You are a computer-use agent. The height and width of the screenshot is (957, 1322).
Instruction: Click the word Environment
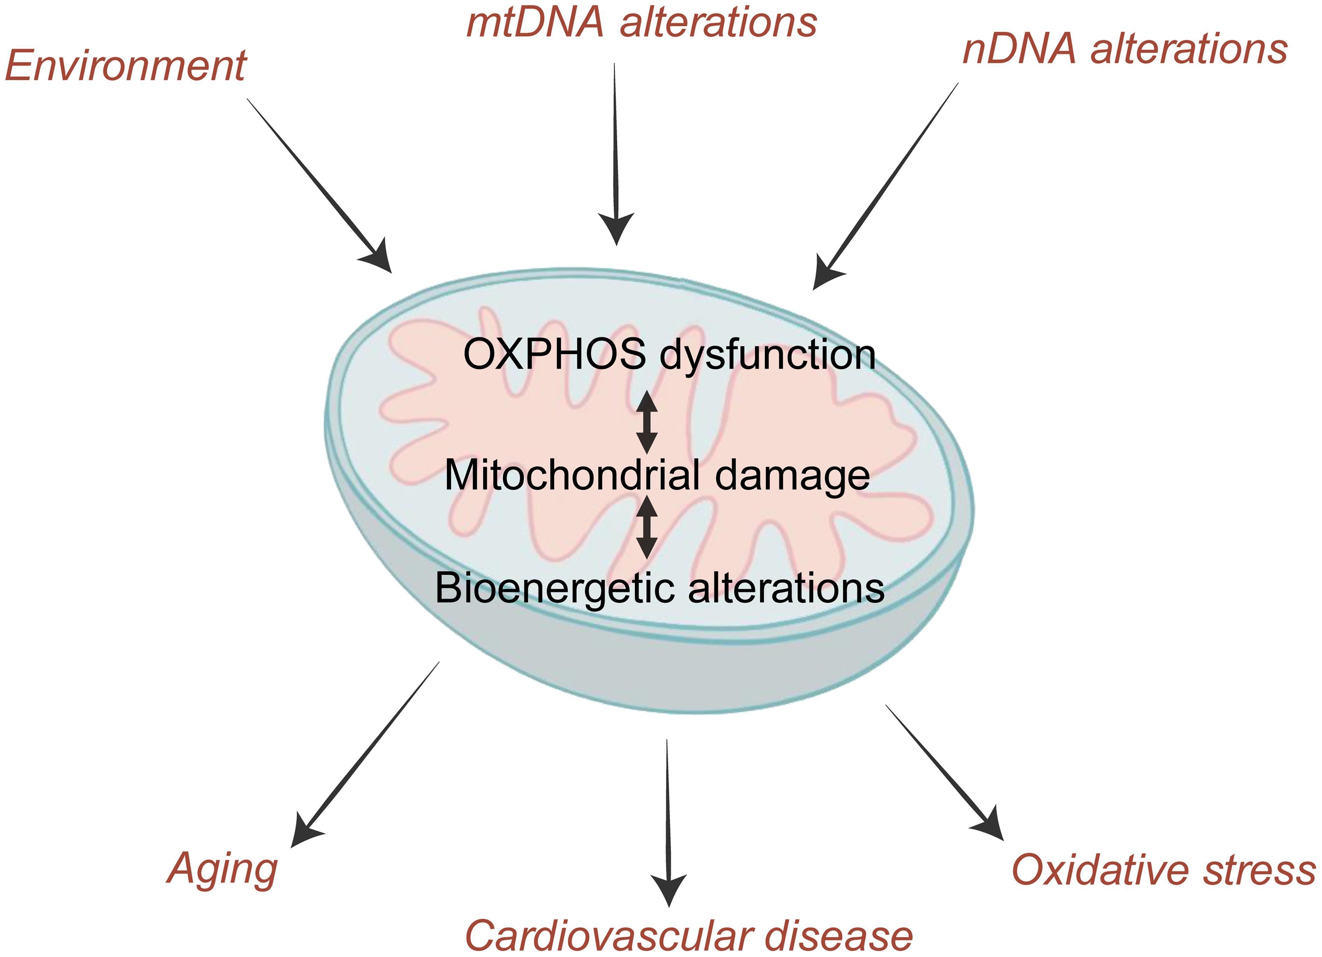[125, 65]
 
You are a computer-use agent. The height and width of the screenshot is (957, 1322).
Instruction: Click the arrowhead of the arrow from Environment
[378, 258]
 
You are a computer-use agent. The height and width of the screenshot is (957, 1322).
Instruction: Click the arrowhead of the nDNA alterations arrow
[826, 274]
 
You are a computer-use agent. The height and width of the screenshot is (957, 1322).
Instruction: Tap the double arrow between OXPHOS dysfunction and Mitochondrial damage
[646, 423]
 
